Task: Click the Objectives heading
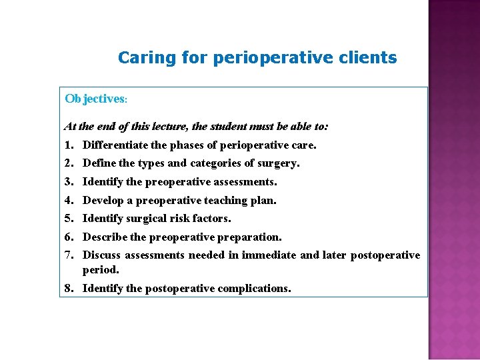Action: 95,99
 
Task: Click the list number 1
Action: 68,145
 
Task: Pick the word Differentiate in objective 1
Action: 115,145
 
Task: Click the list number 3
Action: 68,181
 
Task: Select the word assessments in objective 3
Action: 246,181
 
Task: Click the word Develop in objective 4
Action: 103,200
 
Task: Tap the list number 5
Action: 68,218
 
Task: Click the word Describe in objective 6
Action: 105,237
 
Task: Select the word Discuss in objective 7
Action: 102,255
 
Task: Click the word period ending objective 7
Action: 101,270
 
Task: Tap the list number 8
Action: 68,289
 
